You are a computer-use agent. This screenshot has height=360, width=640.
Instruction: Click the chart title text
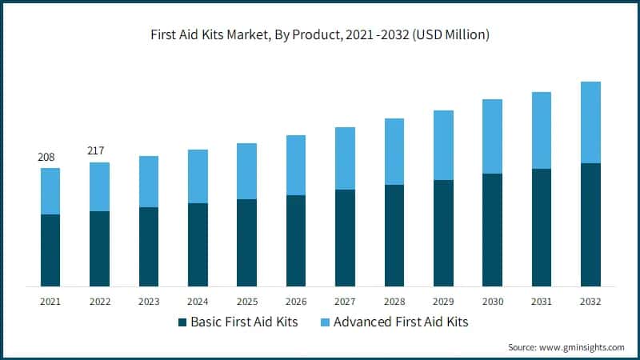pos(320,34)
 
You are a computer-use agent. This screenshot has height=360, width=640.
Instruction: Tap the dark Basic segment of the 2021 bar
pos(50,250)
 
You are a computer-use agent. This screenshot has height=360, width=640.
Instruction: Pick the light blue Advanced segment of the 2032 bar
pos(590,122)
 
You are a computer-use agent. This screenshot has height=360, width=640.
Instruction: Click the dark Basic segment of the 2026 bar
pos(296,241)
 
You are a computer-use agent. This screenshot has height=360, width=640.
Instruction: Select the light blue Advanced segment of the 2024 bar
pos(198,176)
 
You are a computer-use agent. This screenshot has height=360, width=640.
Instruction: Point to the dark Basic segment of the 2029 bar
pos(443,233)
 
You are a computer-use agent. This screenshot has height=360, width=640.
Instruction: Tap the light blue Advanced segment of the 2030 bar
pos(492,136)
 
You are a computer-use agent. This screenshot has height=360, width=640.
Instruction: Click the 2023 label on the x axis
pos(149,301)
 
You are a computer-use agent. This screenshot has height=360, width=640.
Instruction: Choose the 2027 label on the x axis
pos(345,301)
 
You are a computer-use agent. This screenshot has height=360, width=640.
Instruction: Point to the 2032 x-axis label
pos(590,301)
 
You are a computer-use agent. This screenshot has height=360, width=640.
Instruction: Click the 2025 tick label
pos(246,301)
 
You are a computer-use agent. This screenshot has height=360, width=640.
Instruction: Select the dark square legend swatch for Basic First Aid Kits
pos(182,322)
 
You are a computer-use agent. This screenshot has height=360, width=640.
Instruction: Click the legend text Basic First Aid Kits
pos(246,322)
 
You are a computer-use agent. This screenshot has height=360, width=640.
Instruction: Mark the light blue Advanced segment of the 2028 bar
pos(394,151)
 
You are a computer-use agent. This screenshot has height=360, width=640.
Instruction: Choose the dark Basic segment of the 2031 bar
pos(542,227)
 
